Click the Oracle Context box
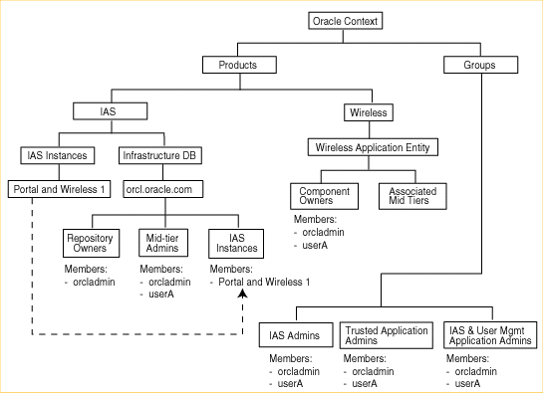(347, 21)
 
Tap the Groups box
(481, 66)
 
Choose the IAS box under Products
(109, 111)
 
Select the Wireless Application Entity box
(372, 147)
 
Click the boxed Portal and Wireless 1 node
(58, 187)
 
